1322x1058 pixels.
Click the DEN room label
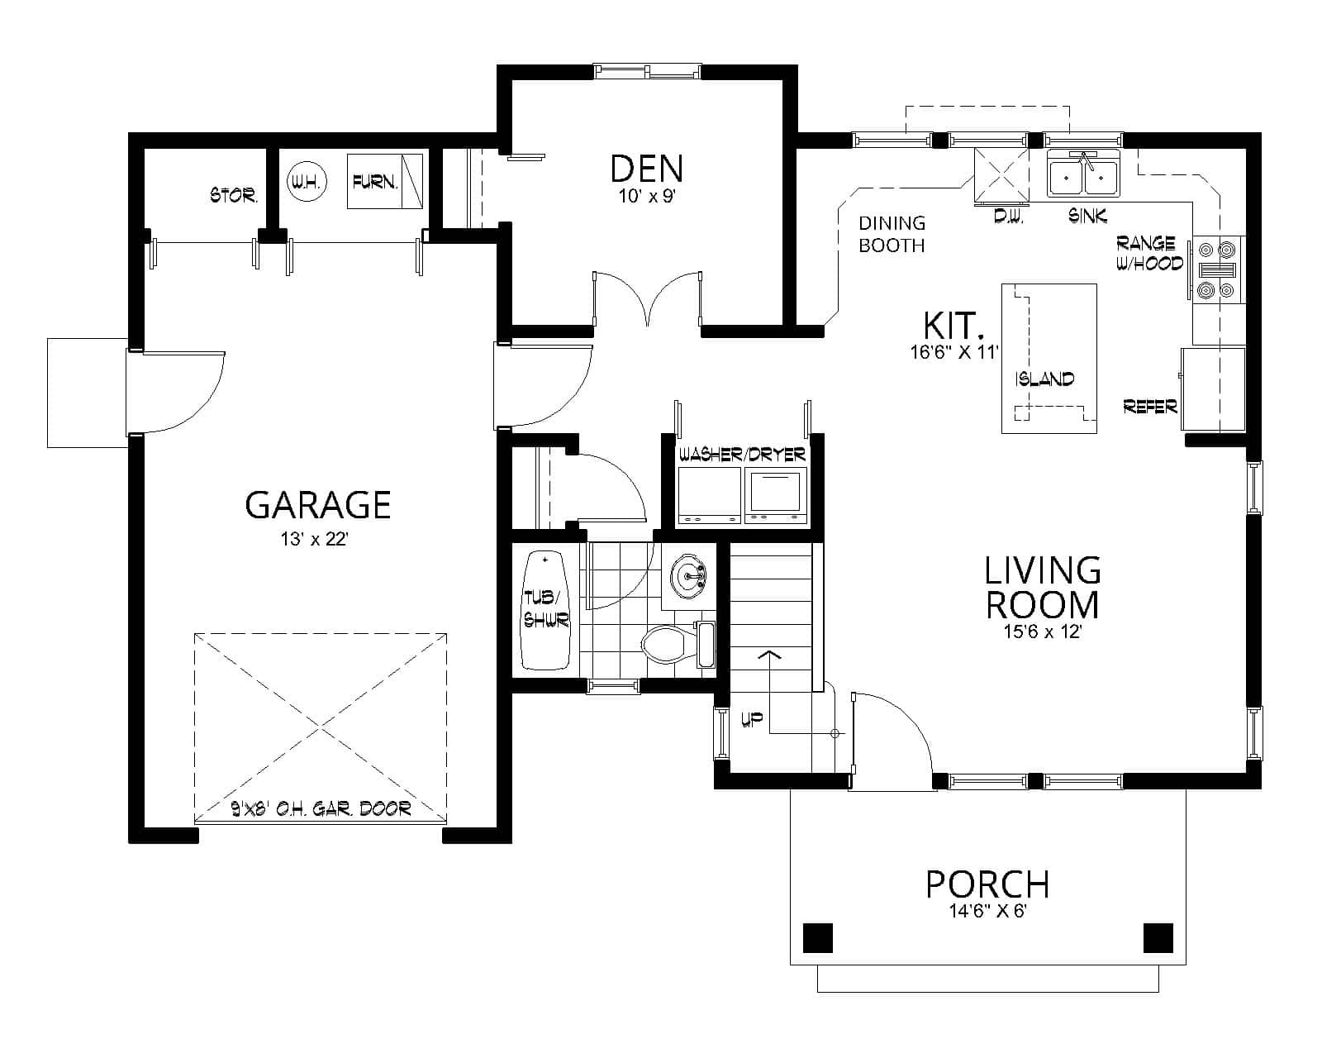pos(646,168)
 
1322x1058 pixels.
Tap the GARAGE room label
pos(317,504)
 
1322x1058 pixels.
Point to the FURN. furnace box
pos(385,181)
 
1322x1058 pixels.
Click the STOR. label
pos(234,196)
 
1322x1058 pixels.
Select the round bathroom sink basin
pos(687,575)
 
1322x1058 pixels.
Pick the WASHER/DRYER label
pos(741,455)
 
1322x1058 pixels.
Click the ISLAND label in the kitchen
pos(1045,379)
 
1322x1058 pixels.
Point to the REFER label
pos(1150,406)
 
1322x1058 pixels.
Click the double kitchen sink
pos(1082,176)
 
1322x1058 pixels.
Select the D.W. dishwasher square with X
pos(1002,175)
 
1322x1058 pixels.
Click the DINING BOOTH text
pos(892,234)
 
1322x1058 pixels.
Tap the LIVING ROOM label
pos(1043,588)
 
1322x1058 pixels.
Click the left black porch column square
pos(818,937)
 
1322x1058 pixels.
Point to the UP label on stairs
pos(751,720)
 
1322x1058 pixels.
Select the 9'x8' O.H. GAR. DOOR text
pos(321,808)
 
